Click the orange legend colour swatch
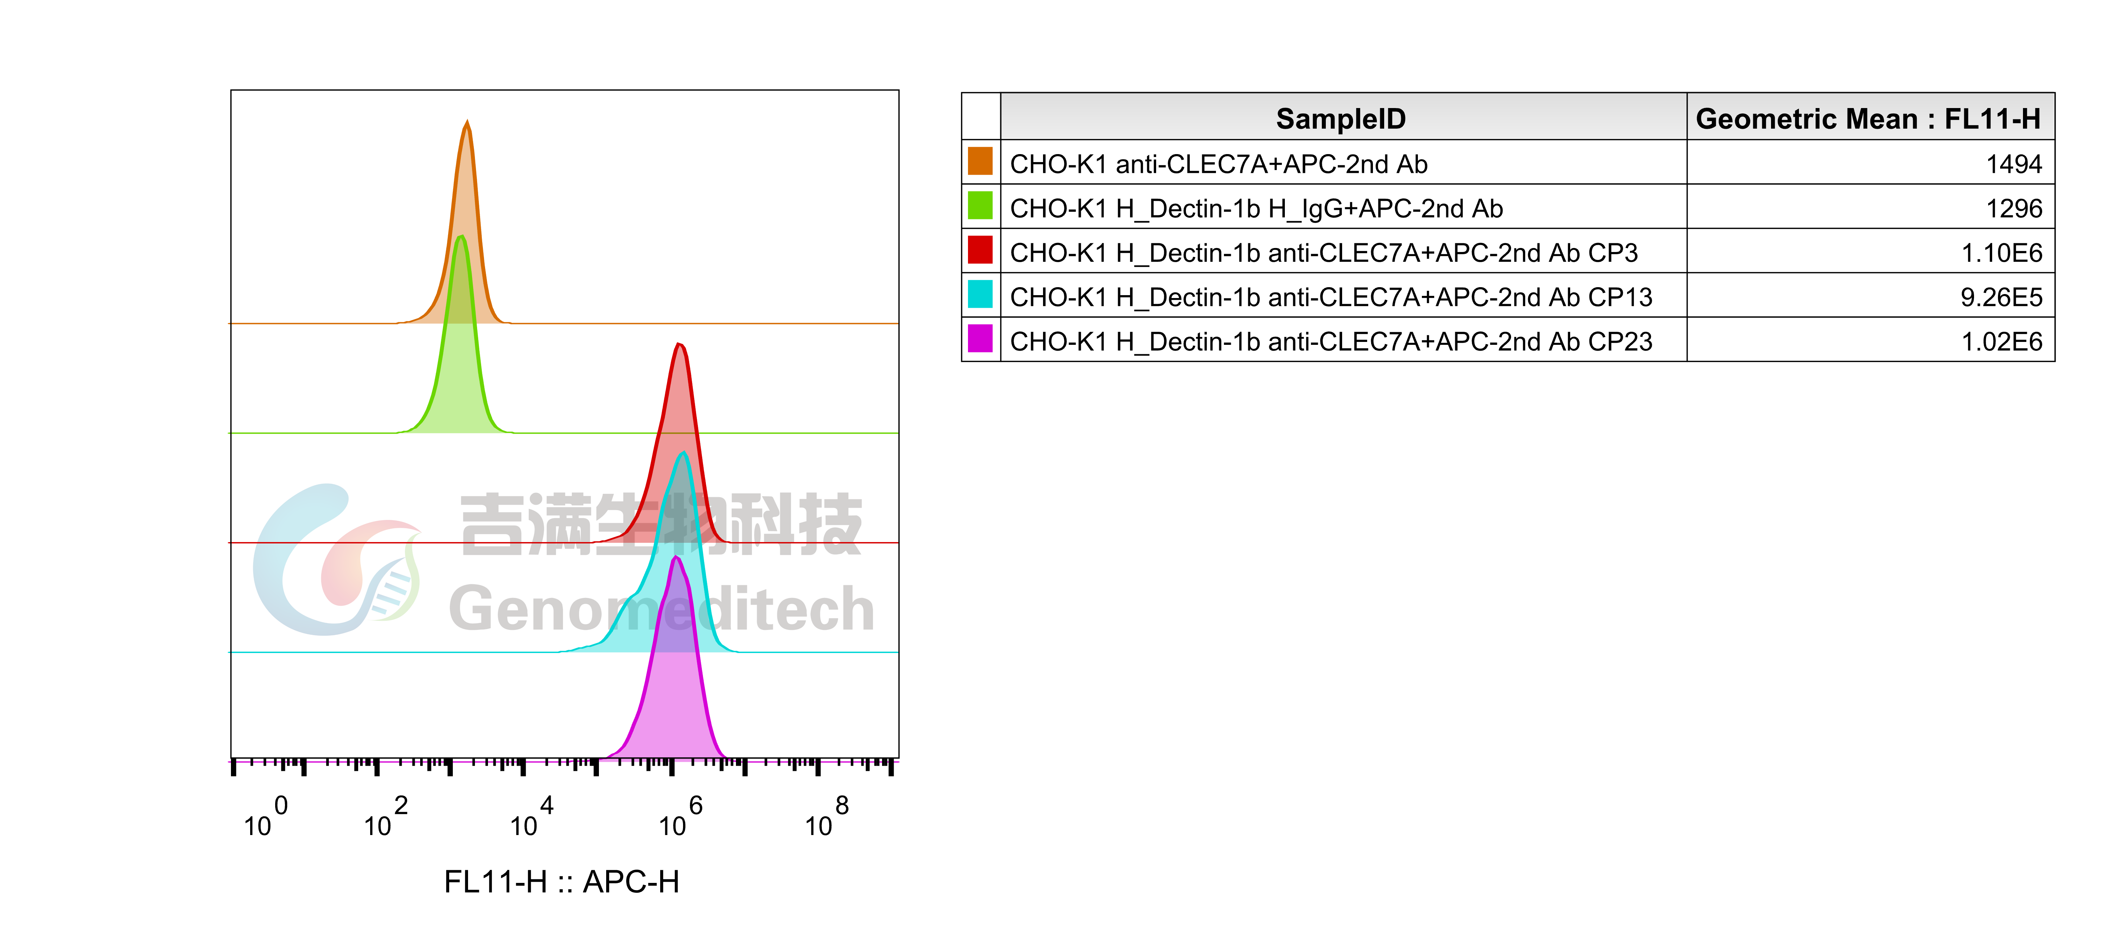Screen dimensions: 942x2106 point(980,161)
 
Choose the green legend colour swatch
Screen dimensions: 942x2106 point(980,205)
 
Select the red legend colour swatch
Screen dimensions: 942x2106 point(980,249)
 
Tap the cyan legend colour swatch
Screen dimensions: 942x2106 point(980,294)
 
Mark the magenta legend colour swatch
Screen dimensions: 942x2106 point(980,338)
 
